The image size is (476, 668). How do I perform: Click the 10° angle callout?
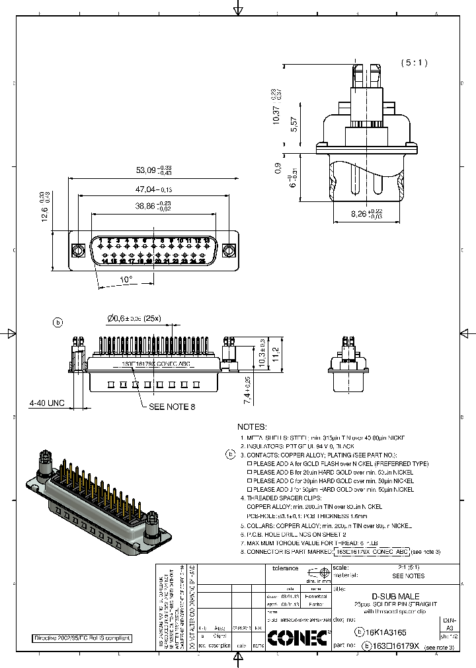pyautogui.click(x=125, y=279)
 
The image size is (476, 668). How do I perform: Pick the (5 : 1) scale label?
pyautogui.click(x=415, y=63)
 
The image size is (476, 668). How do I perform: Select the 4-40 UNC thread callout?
pyautogui.click(x=47, y=403)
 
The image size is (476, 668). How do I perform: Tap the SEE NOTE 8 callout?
pyautogui.click(x=172, y=407)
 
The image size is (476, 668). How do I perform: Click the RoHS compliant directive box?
pyautogui.click(x=83, y=638)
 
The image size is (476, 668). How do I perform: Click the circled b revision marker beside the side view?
pyautogui.click(x=58, y=323)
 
